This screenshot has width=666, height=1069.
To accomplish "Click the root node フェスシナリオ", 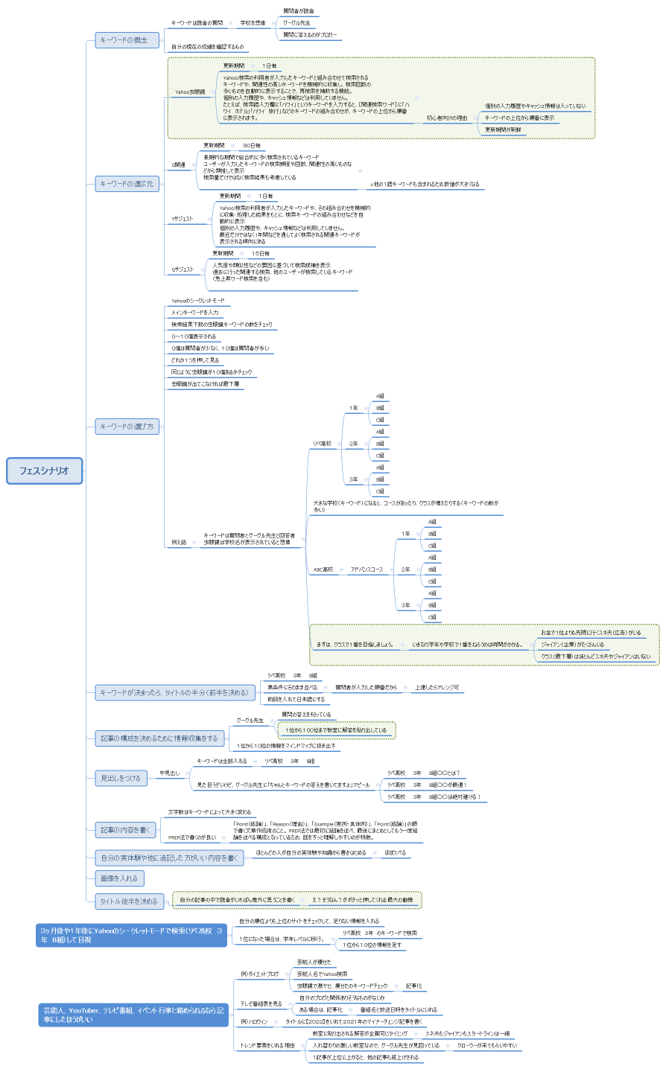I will pyautogui.click(x=44, y=470).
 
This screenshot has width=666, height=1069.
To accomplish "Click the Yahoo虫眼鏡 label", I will pyautogui.click(x=190, y=92).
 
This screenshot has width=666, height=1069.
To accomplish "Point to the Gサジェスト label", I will pyautogui.click(x=183, y=269).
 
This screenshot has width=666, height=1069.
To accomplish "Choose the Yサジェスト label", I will pyautogui.click(x=183, y=219).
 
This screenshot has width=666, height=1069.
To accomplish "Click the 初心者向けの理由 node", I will pyautogui.click(x=447, y=118).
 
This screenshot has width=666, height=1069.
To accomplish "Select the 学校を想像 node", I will pyautogui.click(x=253, y=23).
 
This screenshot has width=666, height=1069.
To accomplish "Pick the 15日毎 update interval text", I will pyautogui.click(x=261, y=254).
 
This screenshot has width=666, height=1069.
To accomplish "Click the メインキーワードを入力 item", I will pyautogui.click(x=195, y=313).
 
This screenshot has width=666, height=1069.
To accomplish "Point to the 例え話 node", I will pyautogui.click(x=179, y=542).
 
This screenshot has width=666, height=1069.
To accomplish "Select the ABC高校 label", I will pyautogui.click(x=323, y=569).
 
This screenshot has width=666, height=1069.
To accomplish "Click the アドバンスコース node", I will pyautogui.click(x=367, y=569).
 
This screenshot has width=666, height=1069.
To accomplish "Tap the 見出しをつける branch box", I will pyautogui.click(x=121, y=779).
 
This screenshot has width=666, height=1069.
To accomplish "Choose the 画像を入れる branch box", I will pyautogui.click(x=119, y=878).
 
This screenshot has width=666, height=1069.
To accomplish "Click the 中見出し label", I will pyautogui.click(x=170, y=773).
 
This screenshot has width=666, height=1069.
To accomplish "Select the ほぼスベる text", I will pyautogui.click(x=396, y=853).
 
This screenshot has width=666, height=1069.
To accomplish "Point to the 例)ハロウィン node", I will pyautogui.click(x=254, y=1022).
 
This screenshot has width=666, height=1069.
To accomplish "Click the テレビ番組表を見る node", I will pyautogui.click(x=261, y=1003).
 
